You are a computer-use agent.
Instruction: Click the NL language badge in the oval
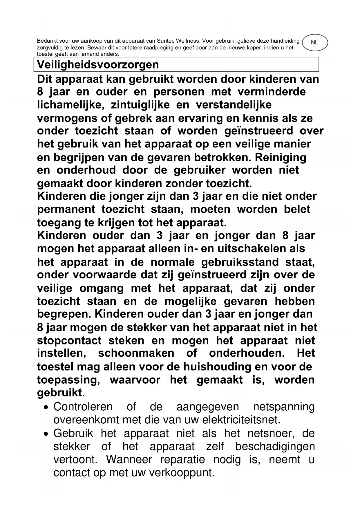[314, 43]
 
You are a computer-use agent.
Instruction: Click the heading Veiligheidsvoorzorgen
[98, 64]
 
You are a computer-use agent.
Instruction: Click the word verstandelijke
[234, 105]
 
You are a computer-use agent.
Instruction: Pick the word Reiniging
[280, 157]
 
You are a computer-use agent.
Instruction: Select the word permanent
[66, 209]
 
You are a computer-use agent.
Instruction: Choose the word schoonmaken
[136, 353]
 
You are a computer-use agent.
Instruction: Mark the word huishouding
[215, 367]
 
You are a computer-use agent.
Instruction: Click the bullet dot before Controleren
[46, 408]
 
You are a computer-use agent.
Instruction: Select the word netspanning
[284, 407]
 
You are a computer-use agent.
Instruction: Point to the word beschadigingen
[275, 446]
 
